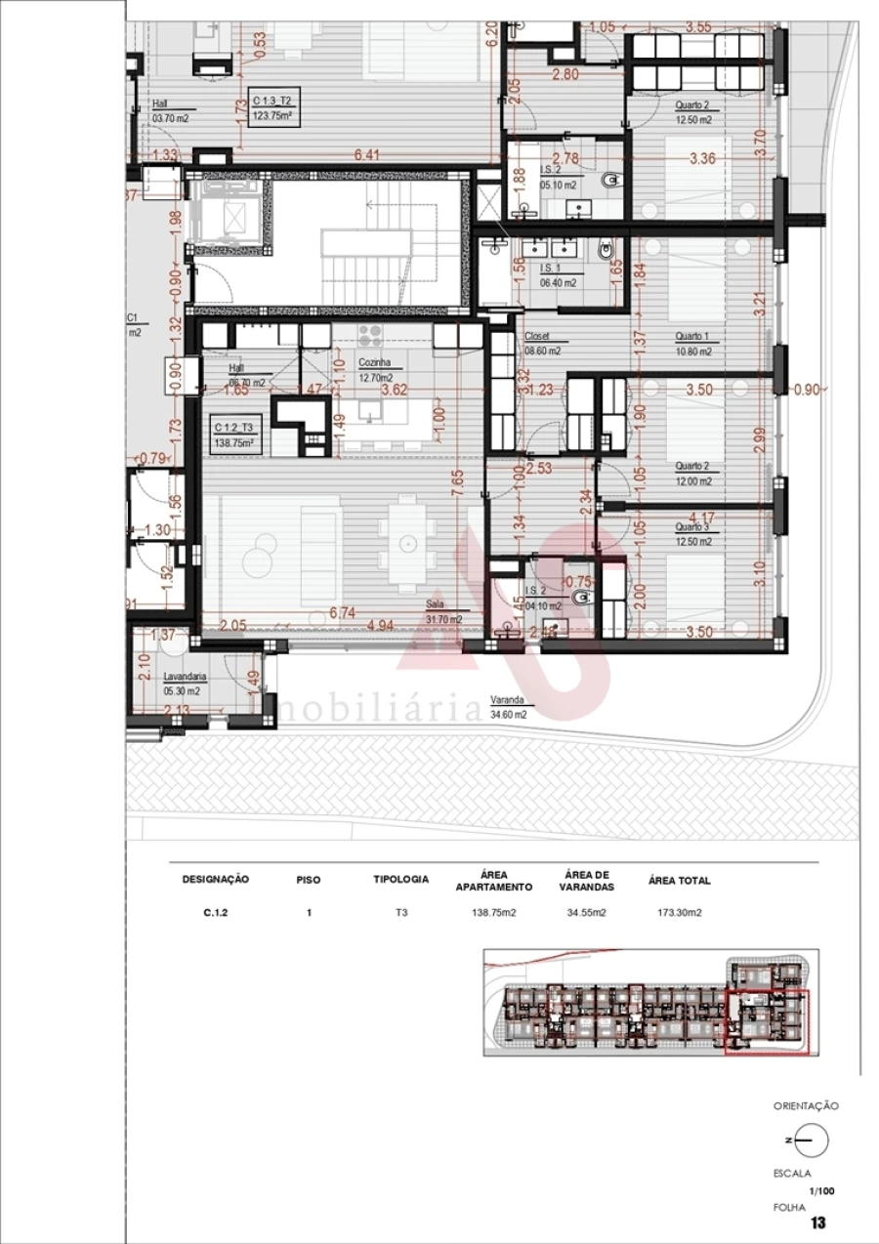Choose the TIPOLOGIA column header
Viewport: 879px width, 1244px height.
coord(400,880)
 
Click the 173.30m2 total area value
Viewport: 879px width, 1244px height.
coord(680,914)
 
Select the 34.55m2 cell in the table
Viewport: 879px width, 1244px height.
coord(586,914)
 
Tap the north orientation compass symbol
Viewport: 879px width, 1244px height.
coord(810,1140)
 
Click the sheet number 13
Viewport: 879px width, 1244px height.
coord(818,1223)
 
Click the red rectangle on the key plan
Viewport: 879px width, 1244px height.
coord(768,1022)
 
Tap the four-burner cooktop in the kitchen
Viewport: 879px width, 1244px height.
coord(371,336)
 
